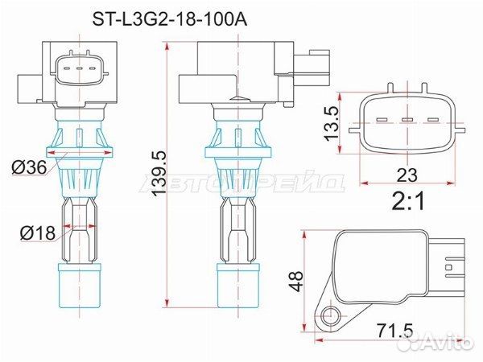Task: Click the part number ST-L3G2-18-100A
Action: tap(170, 20)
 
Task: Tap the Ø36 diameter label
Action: tap(29, 168)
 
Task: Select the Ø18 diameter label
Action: tap(38, 232)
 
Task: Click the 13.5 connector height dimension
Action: tap(332, 123)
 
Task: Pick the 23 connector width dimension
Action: tap(407, 175)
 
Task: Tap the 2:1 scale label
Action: tap(408, 201)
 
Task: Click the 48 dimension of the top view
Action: tap(296, 281)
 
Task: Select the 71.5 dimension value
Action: tap(395, 331)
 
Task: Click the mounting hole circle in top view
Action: tap(331, 315)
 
